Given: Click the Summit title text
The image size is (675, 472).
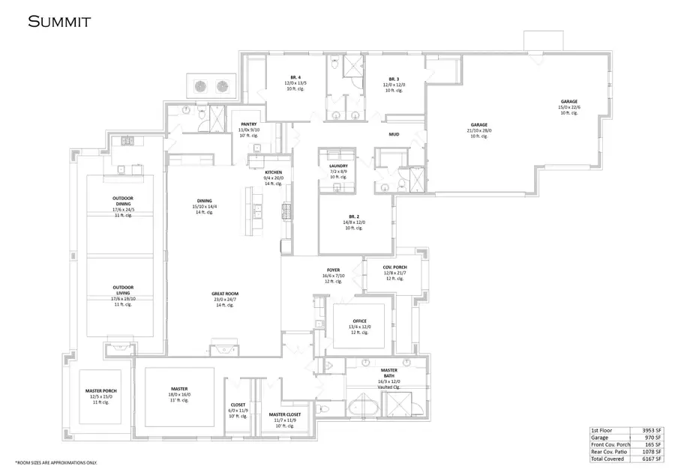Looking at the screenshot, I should coord(59,21).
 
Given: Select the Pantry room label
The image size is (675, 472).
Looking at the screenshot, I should coord(248,125).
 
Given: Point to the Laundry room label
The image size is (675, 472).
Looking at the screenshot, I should coord(338,166).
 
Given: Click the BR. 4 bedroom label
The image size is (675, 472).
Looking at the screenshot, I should coord(295,79).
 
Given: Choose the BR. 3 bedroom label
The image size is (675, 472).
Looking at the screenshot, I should coord(395,79).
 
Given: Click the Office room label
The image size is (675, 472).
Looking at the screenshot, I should coord(358,321).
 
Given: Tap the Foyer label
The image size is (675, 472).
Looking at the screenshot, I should coord(333,270).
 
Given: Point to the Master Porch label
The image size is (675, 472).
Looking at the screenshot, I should coord(103,391).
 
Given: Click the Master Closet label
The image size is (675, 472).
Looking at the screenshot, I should coord(284,414).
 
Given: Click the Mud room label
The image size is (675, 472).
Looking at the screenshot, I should coord(393,134).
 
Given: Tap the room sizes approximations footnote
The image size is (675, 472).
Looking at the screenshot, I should coord(56,462).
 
